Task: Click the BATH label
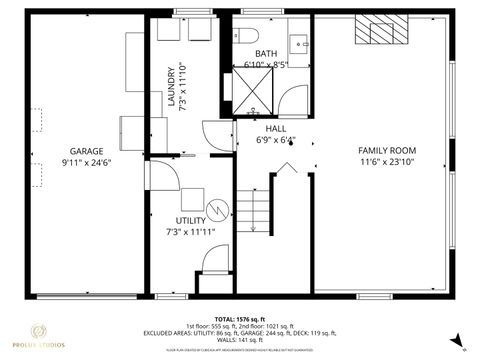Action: click(x=265, y=53)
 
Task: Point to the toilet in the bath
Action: click(x=247, y=36)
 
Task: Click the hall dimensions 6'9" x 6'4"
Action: click(x=276, y=140)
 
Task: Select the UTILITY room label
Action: click(x=190, y=221)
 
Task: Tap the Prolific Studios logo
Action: click(x=45, y=336)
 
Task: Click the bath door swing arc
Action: click(x=294, y=100)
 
